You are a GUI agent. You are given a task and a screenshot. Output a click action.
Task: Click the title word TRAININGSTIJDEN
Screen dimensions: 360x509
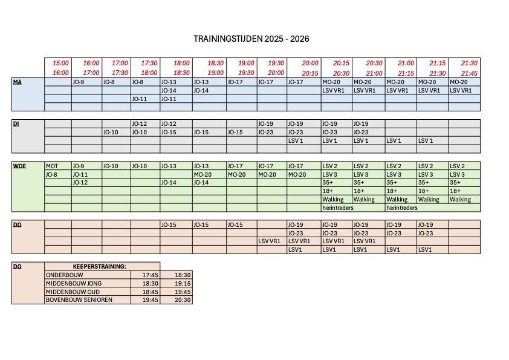227,39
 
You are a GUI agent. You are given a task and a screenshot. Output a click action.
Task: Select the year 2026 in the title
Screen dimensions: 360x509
299,39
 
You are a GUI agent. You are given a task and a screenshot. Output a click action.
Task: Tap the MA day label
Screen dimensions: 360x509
17,82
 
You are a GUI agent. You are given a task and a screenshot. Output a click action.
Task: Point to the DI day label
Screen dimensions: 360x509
16,123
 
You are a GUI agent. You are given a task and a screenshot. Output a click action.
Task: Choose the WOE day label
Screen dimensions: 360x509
19,166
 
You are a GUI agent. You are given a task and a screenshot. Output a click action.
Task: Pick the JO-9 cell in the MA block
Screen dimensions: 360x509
79,82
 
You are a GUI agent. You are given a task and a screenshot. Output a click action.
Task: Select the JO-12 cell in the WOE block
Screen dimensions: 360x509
80,182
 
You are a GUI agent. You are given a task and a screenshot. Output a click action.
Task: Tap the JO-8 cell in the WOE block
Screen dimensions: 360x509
51,174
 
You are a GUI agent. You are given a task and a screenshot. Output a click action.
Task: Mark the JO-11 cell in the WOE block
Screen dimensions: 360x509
80,174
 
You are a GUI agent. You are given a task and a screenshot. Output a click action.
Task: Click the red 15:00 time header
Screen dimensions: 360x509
61,63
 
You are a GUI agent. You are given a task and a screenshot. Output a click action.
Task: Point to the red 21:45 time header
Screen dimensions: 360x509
469,73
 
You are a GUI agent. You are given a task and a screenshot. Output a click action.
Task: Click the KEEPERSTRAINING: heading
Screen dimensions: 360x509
99,266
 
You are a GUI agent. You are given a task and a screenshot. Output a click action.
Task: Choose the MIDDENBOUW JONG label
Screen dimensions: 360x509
74,283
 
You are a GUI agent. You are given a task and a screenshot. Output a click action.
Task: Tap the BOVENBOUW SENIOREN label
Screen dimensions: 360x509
79,299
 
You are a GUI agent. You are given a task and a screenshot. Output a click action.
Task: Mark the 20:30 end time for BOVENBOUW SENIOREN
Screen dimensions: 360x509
183,299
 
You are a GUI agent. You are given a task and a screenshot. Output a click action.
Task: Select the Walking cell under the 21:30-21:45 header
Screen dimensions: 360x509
460,199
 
